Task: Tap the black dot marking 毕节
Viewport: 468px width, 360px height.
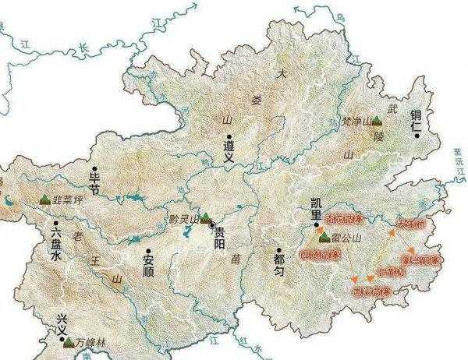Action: [94, 168]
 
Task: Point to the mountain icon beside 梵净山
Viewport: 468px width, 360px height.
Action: [377, 121]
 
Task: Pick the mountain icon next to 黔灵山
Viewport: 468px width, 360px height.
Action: [205, 219]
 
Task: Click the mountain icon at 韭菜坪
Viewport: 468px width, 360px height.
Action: [44, 198]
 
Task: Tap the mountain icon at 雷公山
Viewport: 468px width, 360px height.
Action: [322, 231]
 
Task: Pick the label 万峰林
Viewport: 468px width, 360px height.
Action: [92, 342]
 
